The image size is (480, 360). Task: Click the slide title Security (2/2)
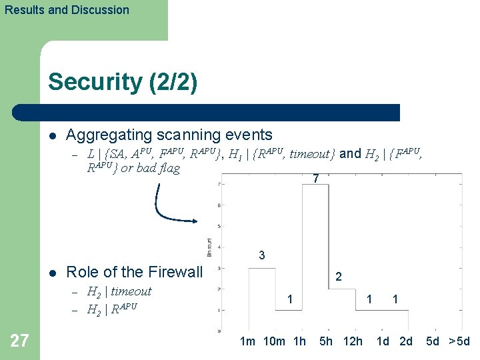(x=123, y=82)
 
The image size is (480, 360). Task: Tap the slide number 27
(x=20, y=341)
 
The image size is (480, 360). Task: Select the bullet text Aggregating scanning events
(x=169, y=135)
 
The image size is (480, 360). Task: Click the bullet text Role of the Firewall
(x=134, y=272)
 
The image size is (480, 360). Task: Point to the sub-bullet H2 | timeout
(x=120, y=291)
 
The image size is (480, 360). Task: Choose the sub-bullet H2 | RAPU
(x=113, y=307)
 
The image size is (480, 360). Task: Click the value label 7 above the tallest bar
(x=316, y=179)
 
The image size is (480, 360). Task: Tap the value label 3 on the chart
(x=262, y=255)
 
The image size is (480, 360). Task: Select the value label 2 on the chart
(x=339, y=277)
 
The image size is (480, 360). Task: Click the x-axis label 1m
(x=247, y=342)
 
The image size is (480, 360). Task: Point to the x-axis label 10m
(x=275, y=342)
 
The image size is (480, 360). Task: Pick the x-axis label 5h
(x=326, y=342)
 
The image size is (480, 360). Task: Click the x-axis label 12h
(x=353, y=342)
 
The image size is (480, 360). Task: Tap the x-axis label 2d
(x=406, y=342)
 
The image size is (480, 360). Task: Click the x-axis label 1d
(x=383, y=342)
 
